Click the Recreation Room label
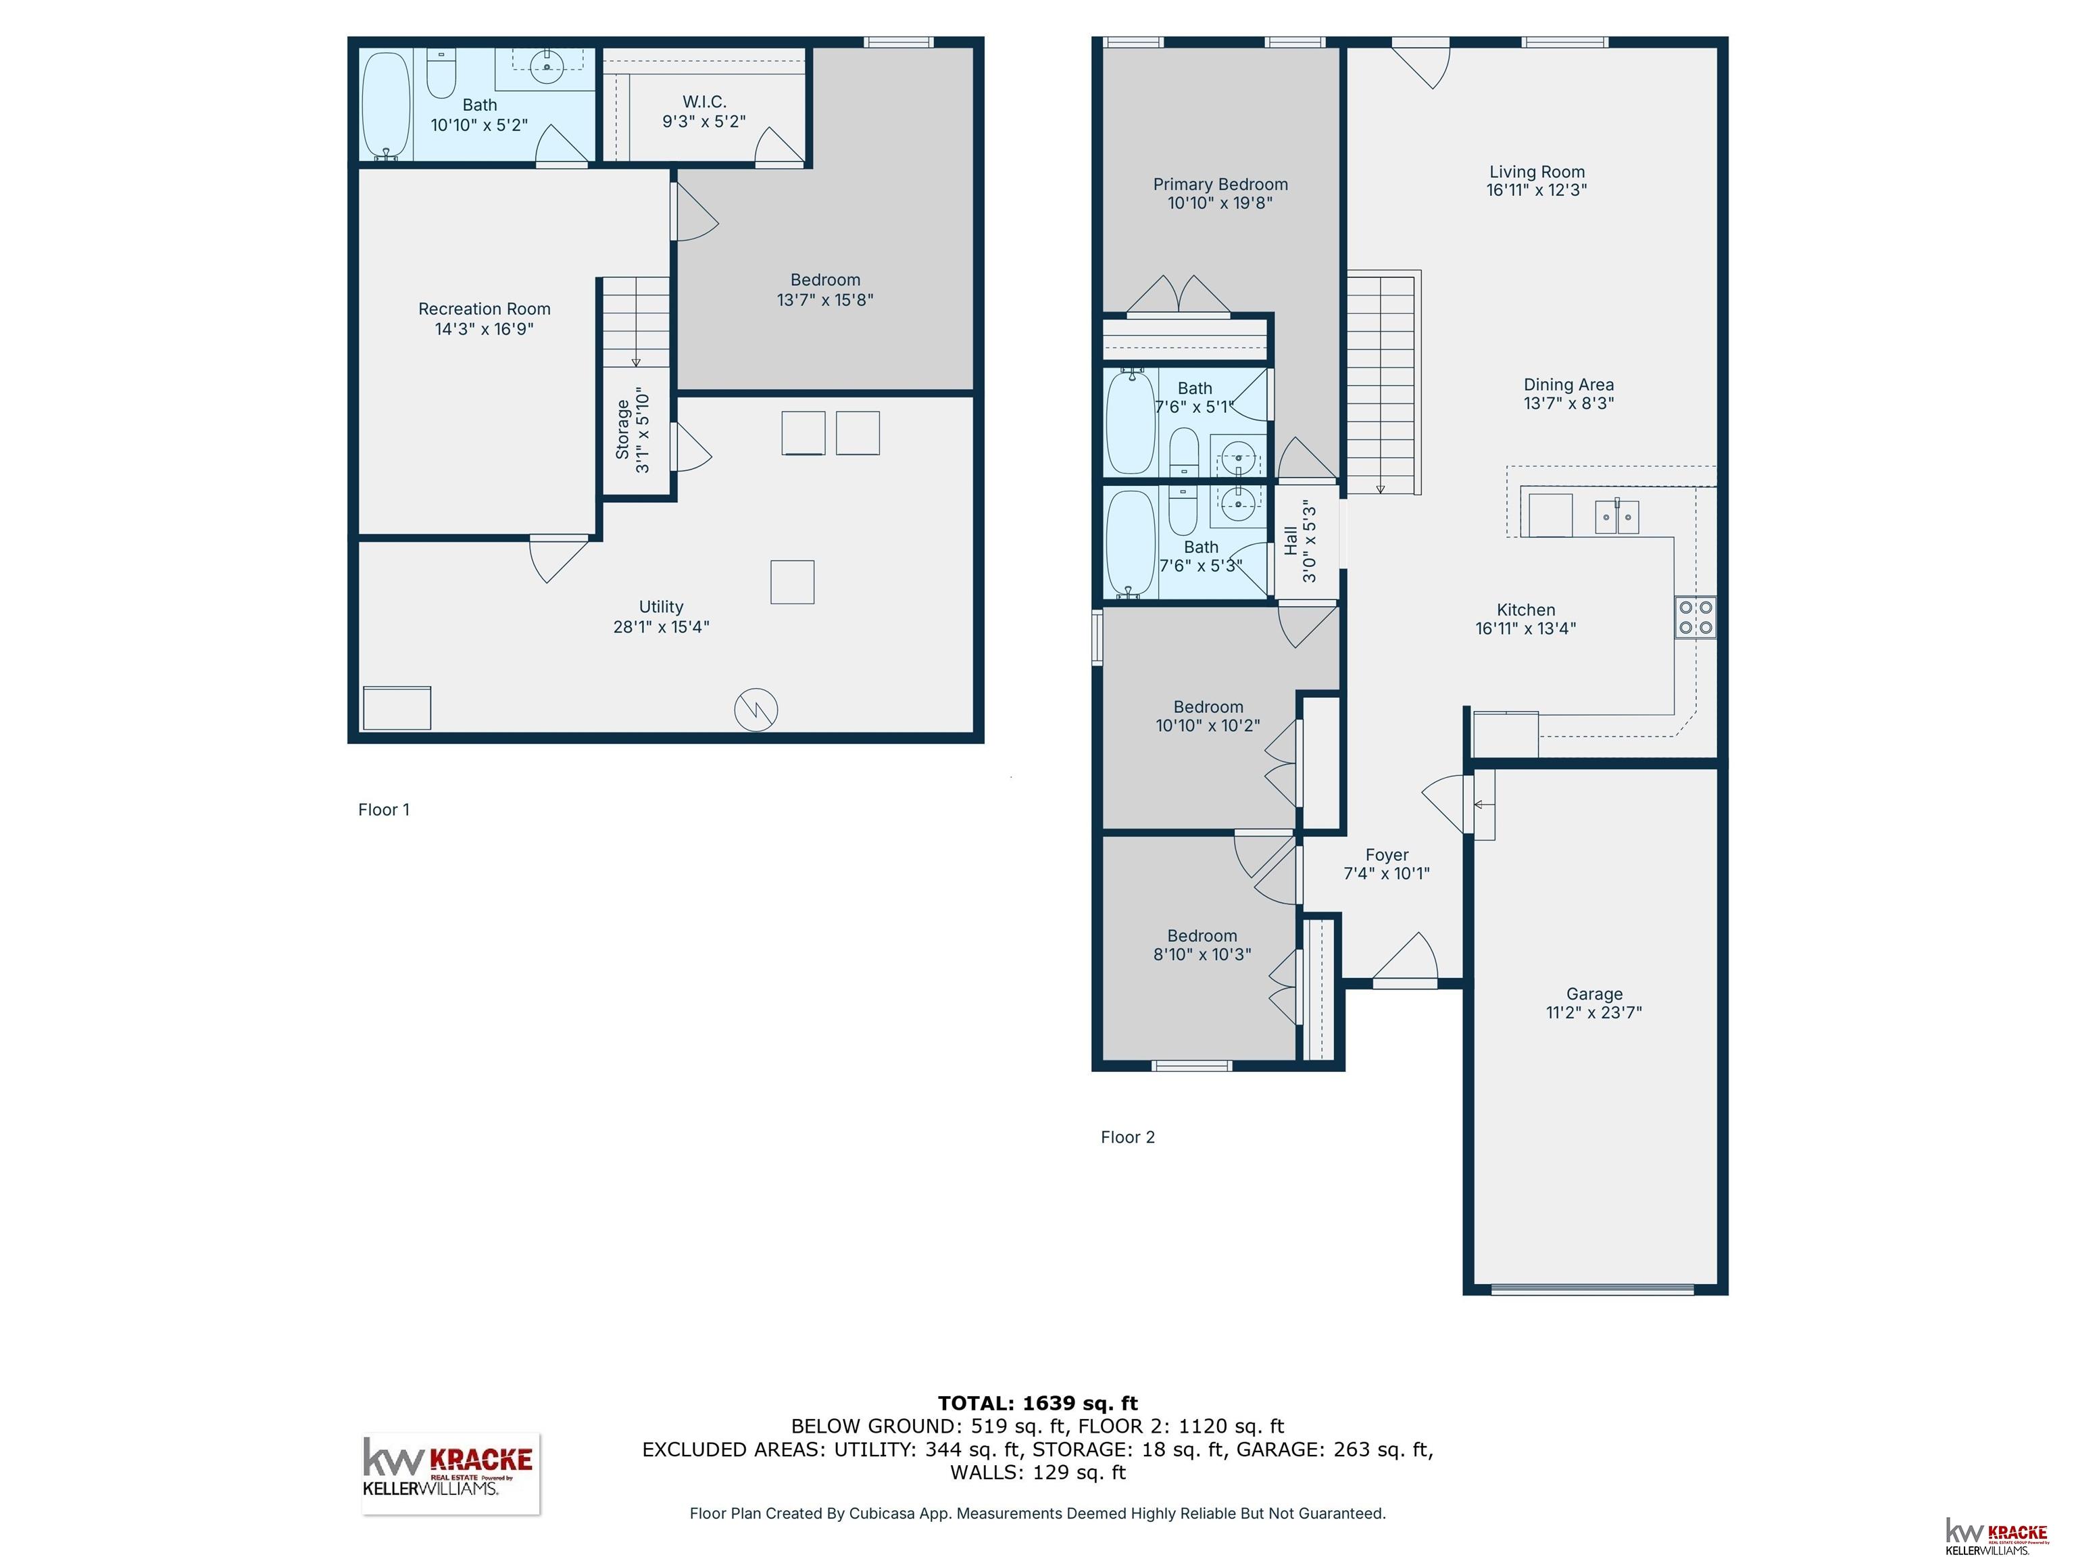click(485, 309)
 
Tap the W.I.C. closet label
click(704, 101)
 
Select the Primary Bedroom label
click(1220, 184)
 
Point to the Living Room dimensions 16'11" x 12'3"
click(1536, 190)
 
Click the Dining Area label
click(1568, 385)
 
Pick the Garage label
click(1593, 994)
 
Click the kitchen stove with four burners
click(1695, 618)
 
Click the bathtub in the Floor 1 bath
click(386, 106)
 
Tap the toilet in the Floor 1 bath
click(441, 73)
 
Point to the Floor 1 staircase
click(635, 322)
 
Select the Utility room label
click(661, 608)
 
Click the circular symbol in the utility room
click(756, 710)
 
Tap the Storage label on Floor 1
click(622, 430)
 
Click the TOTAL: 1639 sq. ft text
click(1037, 1403)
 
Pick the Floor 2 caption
click(1127, 1137)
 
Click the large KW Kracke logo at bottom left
click(451, 1473)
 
